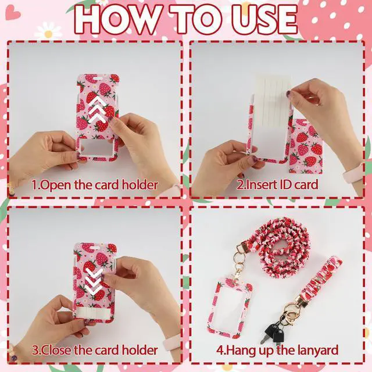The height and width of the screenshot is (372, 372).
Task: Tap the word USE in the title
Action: [x=264, y=20]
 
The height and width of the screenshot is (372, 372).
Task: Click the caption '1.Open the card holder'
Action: [x=95, y=185]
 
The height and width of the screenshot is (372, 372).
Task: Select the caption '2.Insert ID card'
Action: [x=277, y=185]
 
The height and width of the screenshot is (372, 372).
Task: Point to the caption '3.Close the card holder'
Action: [x=95, y=350]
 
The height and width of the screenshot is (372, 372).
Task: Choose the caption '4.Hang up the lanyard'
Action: [x=277, y=350]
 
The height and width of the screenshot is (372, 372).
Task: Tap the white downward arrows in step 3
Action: [x=94, y=280]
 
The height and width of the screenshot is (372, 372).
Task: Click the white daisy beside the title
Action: [x=48, y=31]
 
